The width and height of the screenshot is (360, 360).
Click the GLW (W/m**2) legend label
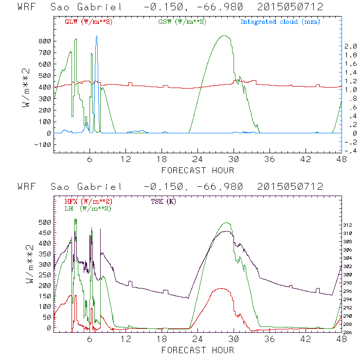pos(89,22)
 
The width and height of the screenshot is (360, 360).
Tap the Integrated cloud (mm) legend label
pos(280,22)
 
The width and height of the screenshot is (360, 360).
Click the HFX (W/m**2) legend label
pos(89,201)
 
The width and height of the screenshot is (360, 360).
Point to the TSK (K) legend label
pos(163,201)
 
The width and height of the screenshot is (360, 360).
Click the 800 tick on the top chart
pos(45,41)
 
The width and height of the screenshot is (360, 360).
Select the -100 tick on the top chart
pos(43,145)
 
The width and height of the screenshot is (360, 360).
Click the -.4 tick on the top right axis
pos(350,151)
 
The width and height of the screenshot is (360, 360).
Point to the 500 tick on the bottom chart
pos(45,222)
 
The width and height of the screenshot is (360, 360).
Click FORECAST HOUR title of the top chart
pos(198,170)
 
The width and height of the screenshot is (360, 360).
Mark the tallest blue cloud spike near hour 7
pos(96,36)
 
